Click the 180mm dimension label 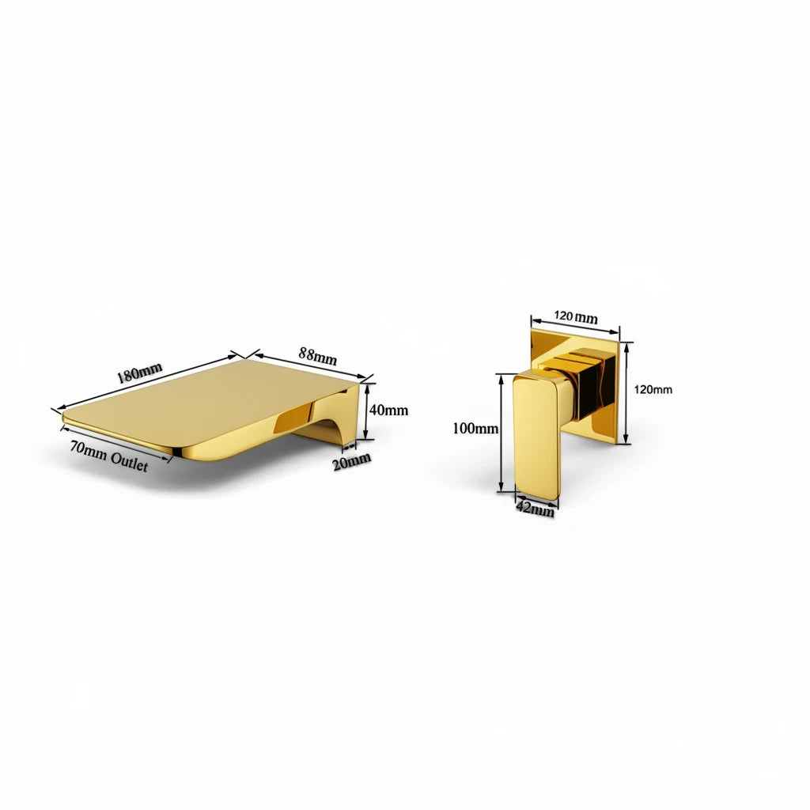(139, 373)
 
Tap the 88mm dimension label (318, 356)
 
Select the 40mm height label (388, 411)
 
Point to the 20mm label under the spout (352, 461)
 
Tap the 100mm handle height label (475, 428)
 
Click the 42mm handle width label (536, 509)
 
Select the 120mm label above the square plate (576, 316)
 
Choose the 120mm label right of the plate (653, 389)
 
